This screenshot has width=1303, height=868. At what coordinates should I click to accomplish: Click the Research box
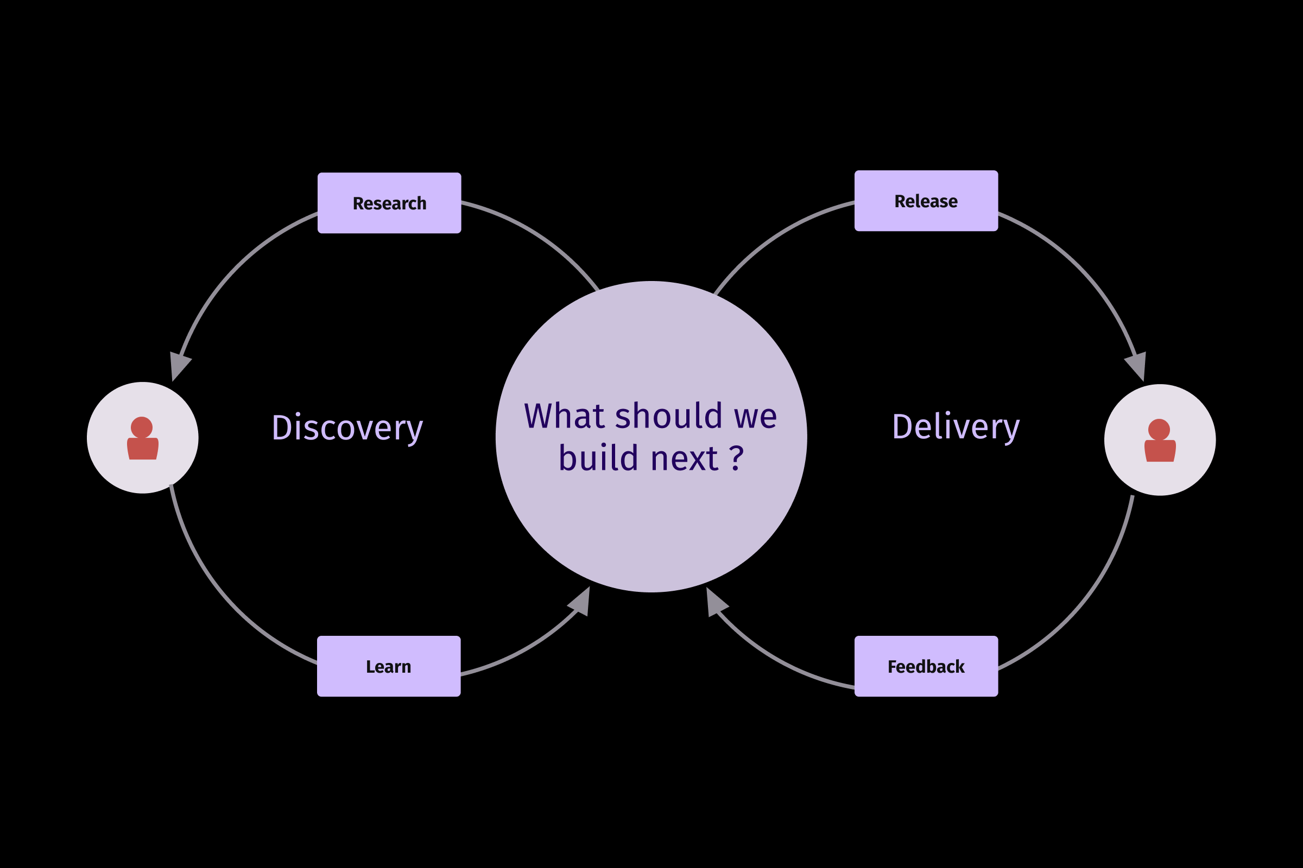[x=389, y=203]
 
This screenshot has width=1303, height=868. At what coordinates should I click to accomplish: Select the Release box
[x=926, y=201]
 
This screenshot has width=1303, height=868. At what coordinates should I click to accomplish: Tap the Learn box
[x=388, y=667]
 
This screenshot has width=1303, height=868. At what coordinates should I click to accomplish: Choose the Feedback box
[x=926, y=667]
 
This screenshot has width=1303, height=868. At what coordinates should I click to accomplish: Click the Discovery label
[x=347, y=428]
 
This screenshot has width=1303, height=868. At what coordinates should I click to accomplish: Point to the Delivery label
[x=956, y=427]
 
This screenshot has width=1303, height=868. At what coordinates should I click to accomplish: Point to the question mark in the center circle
[x=736, y=457]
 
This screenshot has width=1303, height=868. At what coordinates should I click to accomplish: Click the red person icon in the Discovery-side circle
[x=142, y=438]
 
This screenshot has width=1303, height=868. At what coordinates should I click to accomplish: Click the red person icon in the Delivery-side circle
[x=1160, y=440]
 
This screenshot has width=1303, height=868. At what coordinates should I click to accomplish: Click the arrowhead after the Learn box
[x=580, y=602]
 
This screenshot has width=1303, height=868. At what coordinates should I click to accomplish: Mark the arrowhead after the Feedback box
[x=715, y=603]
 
